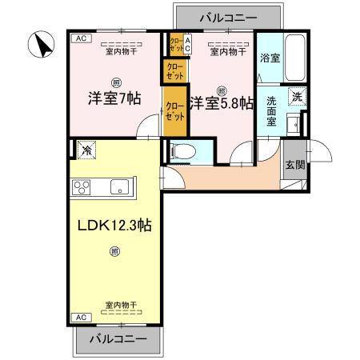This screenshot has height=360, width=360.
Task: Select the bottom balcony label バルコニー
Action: point(118,338)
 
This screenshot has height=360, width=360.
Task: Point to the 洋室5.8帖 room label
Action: point(222,103)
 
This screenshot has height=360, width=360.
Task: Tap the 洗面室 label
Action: point(271,113)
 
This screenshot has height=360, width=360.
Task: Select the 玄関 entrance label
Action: point(294,166)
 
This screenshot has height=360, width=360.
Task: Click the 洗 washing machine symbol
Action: point(295,97)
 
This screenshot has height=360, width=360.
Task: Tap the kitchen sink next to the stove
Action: point(120,189)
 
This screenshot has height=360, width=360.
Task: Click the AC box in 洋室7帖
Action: point(80,38)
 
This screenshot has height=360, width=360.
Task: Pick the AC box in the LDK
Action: point(80,318)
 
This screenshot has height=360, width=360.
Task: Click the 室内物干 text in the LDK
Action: point(120,305)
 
